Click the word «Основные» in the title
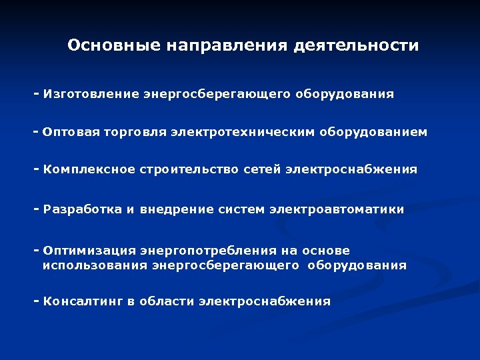point(113,45)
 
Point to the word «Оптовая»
point(71,132)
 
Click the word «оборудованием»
point(376,132)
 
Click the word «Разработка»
point(83,209)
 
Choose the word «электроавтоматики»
point(337,209)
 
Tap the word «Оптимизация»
point(88,251)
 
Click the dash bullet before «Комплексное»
point(37,169)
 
